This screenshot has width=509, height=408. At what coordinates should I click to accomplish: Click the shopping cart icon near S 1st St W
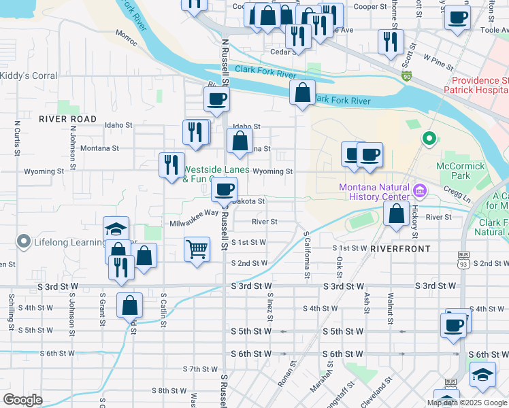[197, 248]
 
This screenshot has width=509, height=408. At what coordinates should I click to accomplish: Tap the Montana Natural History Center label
[376, 192]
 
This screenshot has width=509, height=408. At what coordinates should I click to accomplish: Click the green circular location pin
[429, 139]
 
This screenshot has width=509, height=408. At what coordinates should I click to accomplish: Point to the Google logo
[23, 400]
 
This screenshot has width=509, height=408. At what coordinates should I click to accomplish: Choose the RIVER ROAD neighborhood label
[68, 119]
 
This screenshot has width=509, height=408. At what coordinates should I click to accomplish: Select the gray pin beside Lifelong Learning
[24, 241]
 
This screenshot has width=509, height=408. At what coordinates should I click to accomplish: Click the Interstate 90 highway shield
[407, 78]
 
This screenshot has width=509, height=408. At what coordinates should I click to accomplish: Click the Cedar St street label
[281, 52]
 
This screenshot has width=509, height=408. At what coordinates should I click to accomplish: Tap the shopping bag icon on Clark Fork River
[301, 92]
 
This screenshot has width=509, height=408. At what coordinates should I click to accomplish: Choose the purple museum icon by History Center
[419, 191]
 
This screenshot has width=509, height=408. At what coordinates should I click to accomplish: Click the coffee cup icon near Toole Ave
[457, 17]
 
